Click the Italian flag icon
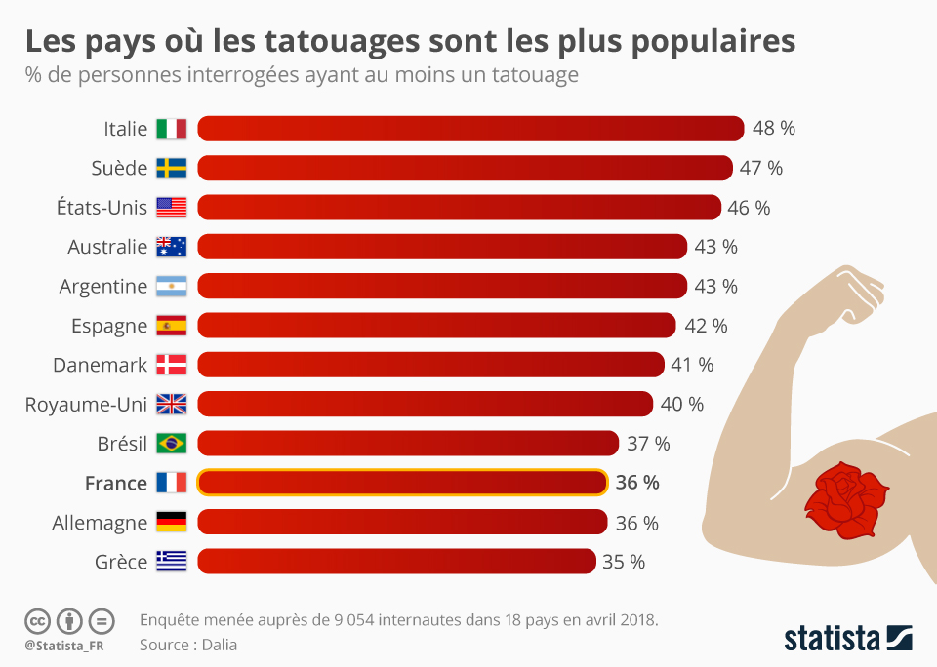tap(171, 129)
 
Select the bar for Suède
tap(465, 168)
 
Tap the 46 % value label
tap(749, 208)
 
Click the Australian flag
tap(171, 247)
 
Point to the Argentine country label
tap(102, 287)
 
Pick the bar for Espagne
tap(436, 326)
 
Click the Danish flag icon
tap(171, 365)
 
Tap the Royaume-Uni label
tap(86, 405)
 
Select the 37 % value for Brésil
tap(648, 444)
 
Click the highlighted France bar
tap(402, 483)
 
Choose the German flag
tap(171, 523)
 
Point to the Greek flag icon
tap(171, 562)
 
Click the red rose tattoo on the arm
tap(845, 500)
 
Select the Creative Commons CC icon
tap(37, 620)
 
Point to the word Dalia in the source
tap(221, 645)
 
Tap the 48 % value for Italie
tap(774, 129)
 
